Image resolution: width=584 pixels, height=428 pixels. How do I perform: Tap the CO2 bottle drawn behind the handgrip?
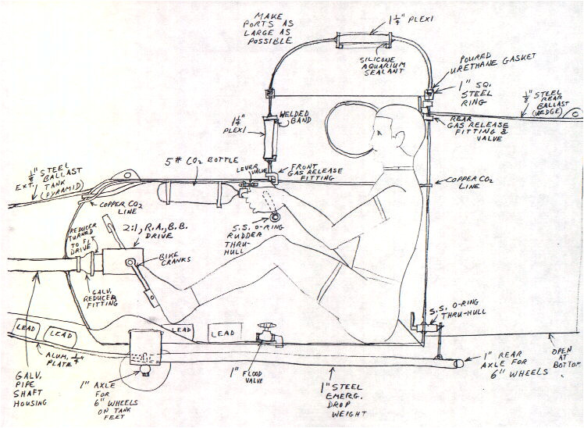point(191,191)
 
